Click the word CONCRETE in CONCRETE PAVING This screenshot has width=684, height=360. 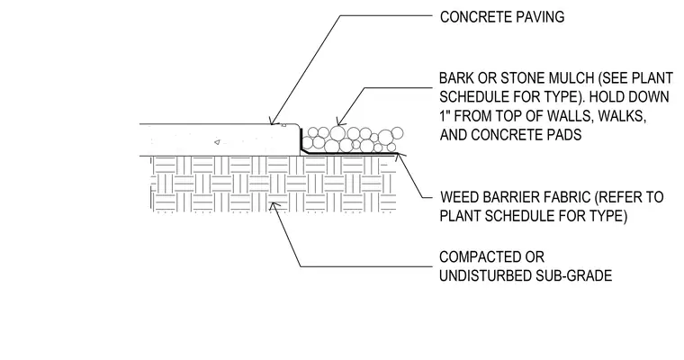pos(475,17)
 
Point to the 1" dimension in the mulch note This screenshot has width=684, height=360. pos(444,116)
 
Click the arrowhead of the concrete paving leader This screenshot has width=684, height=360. pos(272,121)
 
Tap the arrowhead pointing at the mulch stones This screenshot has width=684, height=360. pos(339,121)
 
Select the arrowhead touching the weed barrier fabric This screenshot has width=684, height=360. pos(399,157)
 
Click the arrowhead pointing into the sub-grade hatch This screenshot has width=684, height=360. pos(273,205)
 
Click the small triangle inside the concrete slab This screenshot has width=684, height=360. pos(217,142)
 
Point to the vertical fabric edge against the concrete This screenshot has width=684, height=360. pos(301,139)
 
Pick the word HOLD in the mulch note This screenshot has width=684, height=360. pos(611,97)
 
